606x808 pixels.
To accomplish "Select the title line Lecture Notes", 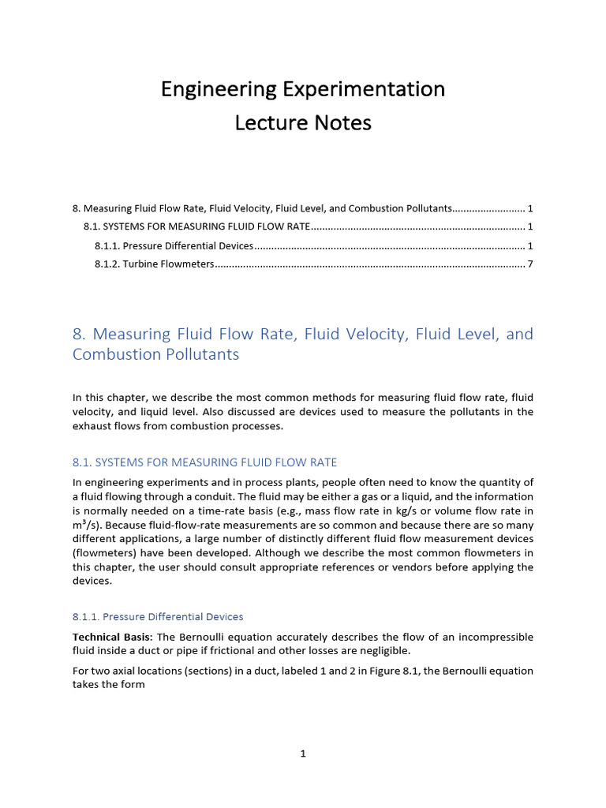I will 303,123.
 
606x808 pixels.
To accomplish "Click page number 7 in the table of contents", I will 530,264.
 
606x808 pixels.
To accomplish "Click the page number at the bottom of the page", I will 303,754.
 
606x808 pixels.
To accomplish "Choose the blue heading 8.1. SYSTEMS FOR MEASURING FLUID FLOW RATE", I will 204,462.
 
